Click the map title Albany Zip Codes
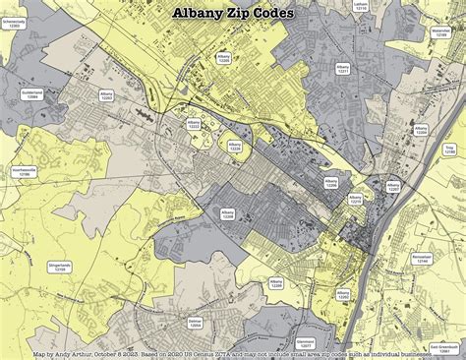click(x=232, y=14)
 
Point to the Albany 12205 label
click(x=223, y=58)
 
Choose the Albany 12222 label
click(x=194, y=124)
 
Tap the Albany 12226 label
click(x=234, y=146)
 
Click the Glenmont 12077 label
click(x=305, y=344)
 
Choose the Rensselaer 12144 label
click(x=422, y=259)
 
